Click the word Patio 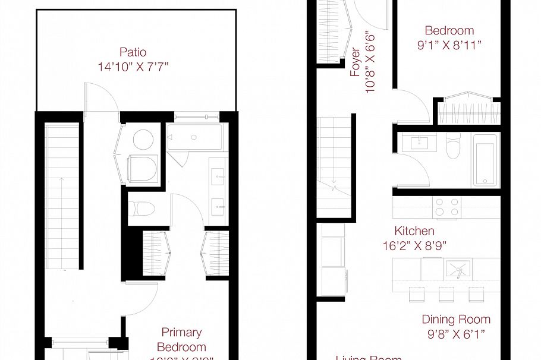click(132, 52)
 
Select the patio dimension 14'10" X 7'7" click(133, 67)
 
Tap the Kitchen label click(414, 230)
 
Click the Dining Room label click(456, 320)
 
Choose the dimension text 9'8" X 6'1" click(456, 334)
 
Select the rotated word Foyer click(356, 61)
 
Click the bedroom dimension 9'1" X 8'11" click(449, 45)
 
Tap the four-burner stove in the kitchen click(447, 207)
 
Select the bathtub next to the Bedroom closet click(485, 159)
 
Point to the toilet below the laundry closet click(142, 209)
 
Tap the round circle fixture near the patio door click(143, 140)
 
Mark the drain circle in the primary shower click(194, 138)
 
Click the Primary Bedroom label click(181, 339)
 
